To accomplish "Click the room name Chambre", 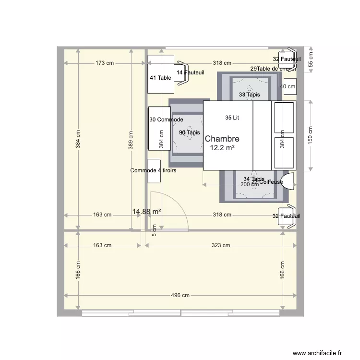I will [222, 139].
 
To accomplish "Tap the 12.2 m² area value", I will [222, 148].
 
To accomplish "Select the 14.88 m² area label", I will [146, 211].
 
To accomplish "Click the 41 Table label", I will [160, 77].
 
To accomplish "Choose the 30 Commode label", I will [166, 119].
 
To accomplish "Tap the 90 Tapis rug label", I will [189, 132].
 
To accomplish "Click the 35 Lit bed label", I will [232, 117].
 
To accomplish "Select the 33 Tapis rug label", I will [249, 95].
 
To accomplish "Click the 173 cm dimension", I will [104, 63].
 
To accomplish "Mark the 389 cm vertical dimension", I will [130, 141].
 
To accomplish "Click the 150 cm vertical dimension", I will [311, 136].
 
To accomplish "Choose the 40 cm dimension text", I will [288, 87].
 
